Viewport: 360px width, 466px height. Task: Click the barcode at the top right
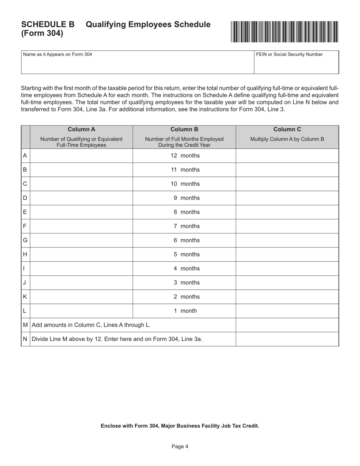click(284, 31)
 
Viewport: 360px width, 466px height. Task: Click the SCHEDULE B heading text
click(48, 25)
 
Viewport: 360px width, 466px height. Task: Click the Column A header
click(81, 129)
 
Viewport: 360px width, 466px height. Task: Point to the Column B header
click(184, 129)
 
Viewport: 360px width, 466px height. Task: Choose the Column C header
click(287, 129)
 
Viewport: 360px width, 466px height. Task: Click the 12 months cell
click(184, 156)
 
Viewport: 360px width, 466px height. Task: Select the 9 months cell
click(184, 198)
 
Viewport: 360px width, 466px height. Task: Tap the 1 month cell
click(184, 311)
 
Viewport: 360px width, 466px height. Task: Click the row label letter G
click(25, 241)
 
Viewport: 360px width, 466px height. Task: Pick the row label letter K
click(25, 297)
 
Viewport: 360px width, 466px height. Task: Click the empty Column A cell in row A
click(81, 156)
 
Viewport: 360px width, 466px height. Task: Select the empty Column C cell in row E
click(287, 212)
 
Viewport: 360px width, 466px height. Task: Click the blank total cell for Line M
click(287, 325)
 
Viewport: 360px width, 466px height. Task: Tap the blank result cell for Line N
click(287, 339)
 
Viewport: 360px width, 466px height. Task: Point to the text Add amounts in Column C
click(91, 325)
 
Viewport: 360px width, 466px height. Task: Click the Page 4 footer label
click(180, 447)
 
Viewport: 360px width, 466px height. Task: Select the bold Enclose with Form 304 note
click(180, 426)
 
